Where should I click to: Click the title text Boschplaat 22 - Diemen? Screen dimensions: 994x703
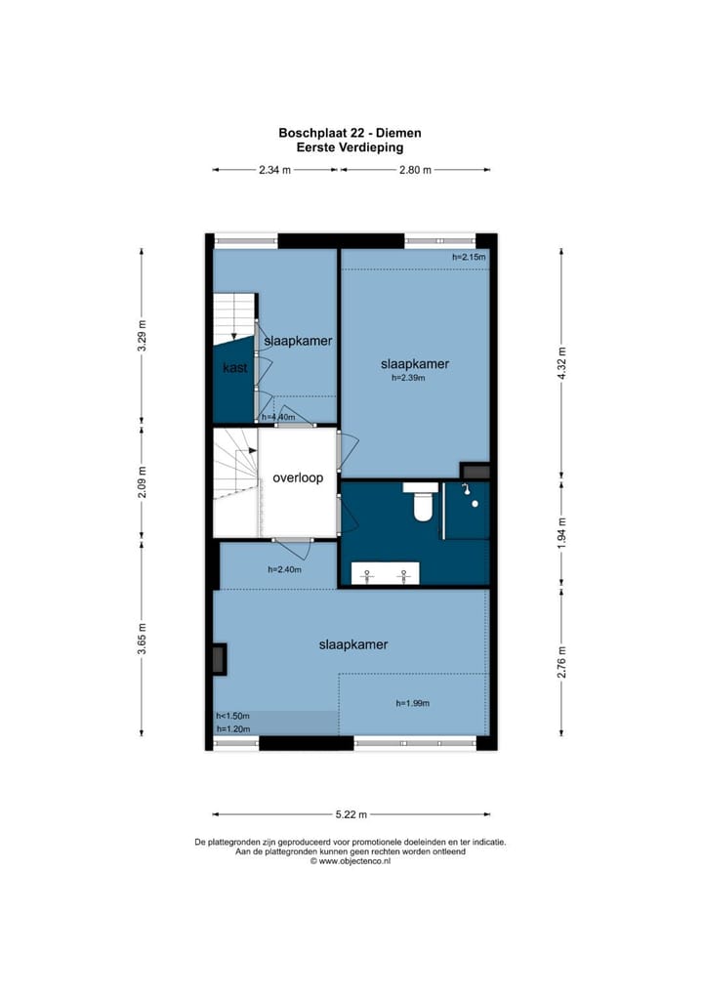pos(351,133)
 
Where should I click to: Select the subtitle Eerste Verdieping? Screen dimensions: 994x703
pos(351,147)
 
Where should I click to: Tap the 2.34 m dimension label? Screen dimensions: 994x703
pos(275,170)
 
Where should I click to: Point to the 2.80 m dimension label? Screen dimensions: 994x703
pos(415,170)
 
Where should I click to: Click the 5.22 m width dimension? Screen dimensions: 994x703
pos(351,814)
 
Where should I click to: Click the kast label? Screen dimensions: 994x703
pos(234,368)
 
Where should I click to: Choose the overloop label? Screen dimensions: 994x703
pos(298,478)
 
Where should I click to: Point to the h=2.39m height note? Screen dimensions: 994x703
pos(415,377)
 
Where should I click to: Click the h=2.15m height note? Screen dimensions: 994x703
pos(469,257)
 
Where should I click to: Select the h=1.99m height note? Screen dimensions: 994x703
pos(413,703)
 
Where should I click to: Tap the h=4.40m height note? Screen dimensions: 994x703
pos(278,417)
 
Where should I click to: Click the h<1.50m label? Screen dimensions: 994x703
pos(233,716)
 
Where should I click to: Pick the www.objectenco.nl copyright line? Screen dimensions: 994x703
pos(351,861)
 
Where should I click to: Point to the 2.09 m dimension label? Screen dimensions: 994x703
pos(142,479)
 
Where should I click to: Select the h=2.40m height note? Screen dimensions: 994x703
pos(284,570)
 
